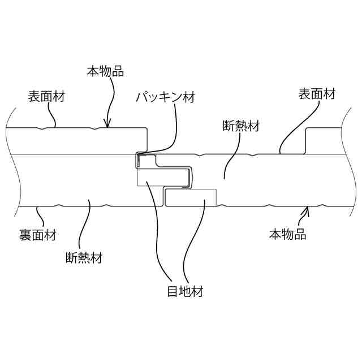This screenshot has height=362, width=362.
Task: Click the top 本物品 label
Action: (x=105, y=72)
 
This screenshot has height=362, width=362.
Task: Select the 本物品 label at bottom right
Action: (x=287, y=234)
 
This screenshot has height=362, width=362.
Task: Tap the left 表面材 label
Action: (x=46, y=96)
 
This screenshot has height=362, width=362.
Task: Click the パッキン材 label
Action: (x=165, y=97)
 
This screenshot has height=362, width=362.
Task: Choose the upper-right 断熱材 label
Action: (x=241, y=126)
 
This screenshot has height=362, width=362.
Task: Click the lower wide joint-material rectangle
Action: (x=191, y=197)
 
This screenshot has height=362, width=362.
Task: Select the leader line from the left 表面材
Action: (x=51, y=114)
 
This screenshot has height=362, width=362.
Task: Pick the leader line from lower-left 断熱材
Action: (x=85, y=226)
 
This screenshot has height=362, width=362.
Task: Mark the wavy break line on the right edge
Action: (x=347, y=170)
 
